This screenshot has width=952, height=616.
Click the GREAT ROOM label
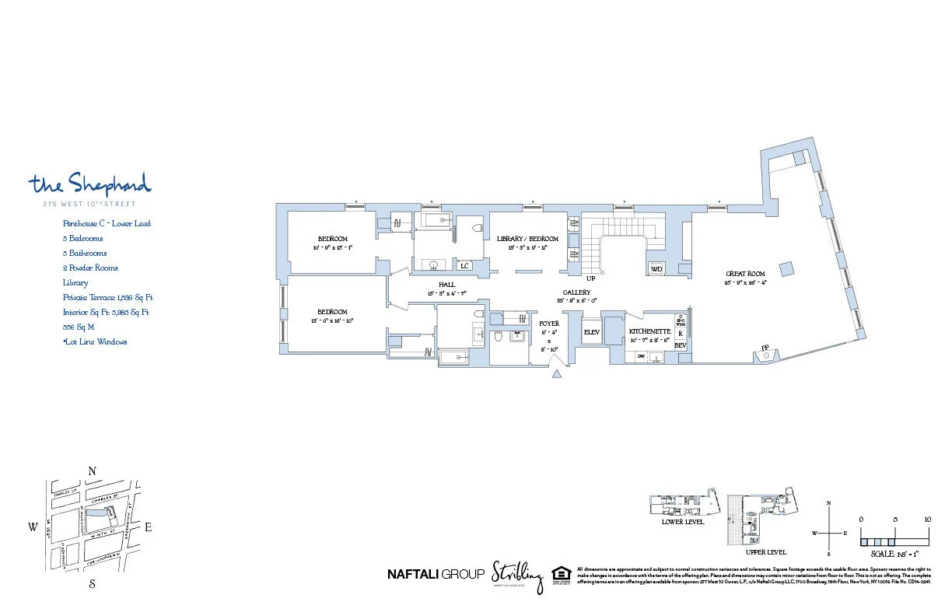pyautogui.click(x=745, y=274)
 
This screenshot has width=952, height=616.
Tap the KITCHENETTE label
pyautogui.click(x=649, y=331)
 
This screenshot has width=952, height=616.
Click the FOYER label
pyautogui.click(x=549, y=324)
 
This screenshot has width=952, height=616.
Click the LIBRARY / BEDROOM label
pyautogui.click(x=527, y=239)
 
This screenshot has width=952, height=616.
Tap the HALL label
pyautogui.click(x=446, y=285)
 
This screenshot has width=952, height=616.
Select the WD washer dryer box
pyautogui.click(x=656, y=268)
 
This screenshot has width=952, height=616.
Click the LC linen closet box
pyautogui.click(x=465, y=266)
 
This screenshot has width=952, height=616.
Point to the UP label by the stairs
pyautogui.click(x=590, y=278)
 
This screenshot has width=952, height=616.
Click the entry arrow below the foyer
pyautogui.click(x=556, y=375)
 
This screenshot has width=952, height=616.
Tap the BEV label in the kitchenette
pyautogui.click(x=680, y=345)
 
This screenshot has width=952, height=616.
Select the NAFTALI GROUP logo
pyautogui.click(x=435, y=575)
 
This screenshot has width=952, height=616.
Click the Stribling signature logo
pyautogui.click(x=516, y=576)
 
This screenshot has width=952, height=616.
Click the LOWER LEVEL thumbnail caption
pyautogui.click(x=682, y=522)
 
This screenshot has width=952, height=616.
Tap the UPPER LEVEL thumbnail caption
pyautogui.click(x=765, y=552)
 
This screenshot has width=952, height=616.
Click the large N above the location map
pyautogui.click(x=92, y=471)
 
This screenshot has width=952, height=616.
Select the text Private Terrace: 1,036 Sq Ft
pyautogui.click(x=107, y=298)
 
